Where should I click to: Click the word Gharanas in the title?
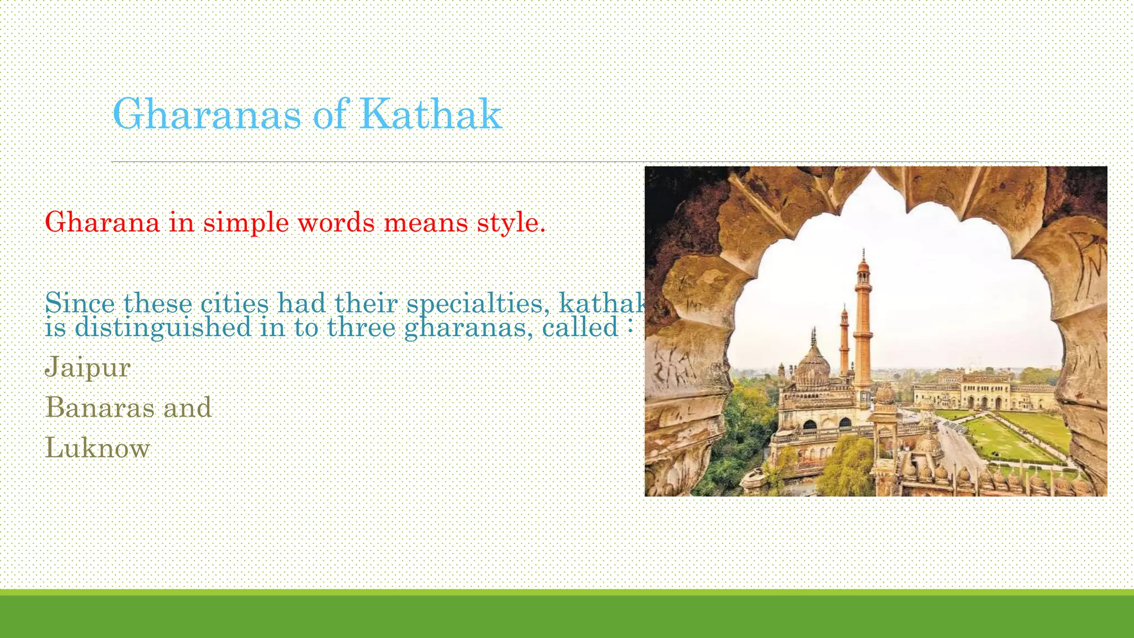[207, 114]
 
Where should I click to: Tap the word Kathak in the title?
[430, 114]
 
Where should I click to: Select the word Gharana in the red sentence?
[102, 223]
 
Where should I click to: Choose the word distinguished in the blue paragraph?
[163, 328]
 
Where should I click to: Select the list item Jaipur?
[87, 367]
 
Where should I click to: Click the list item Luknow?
[97, 447]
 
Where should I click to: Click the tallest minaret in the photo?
[863, 327]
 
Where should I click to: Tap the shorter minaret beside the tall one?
[844, 343]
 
